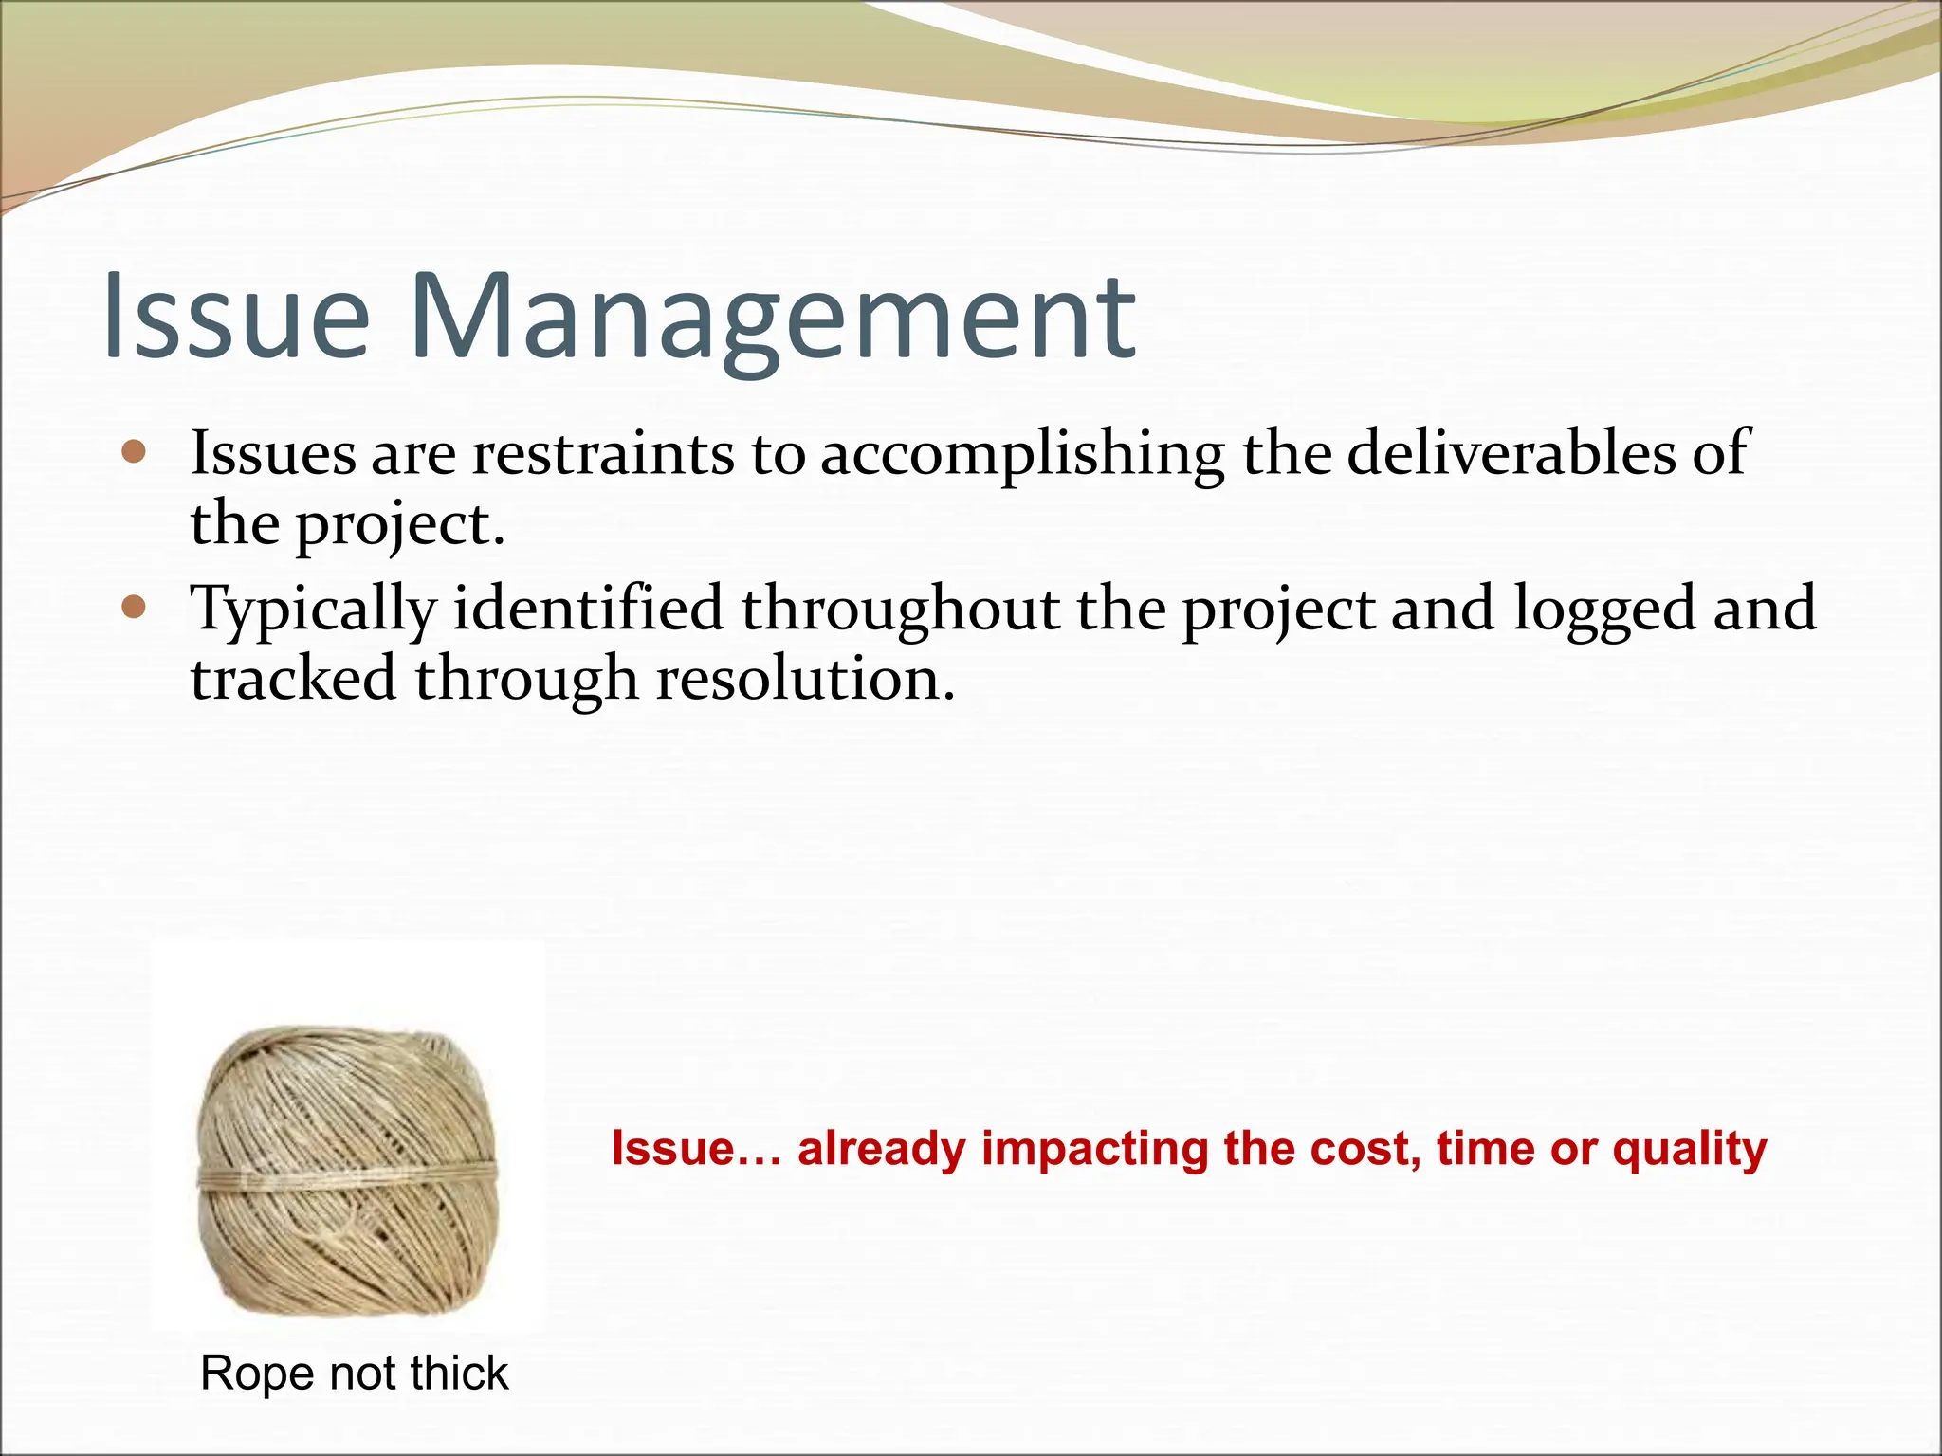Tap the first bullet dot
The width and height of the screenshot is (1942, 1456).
(135, 452)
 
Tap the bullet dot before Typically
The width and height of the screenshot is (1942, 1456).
(135, 607)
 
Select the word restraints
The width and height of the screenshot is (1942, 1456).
(603, 452)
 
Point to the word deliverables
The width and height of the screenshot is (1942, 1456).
(1511, 452)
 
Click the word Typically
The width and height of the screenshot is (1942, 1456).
(313, 610)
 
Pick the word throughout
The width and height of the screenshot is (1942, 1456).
(900, 610)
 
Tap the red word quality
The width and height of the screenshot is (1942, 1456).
(1690, 1150)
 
